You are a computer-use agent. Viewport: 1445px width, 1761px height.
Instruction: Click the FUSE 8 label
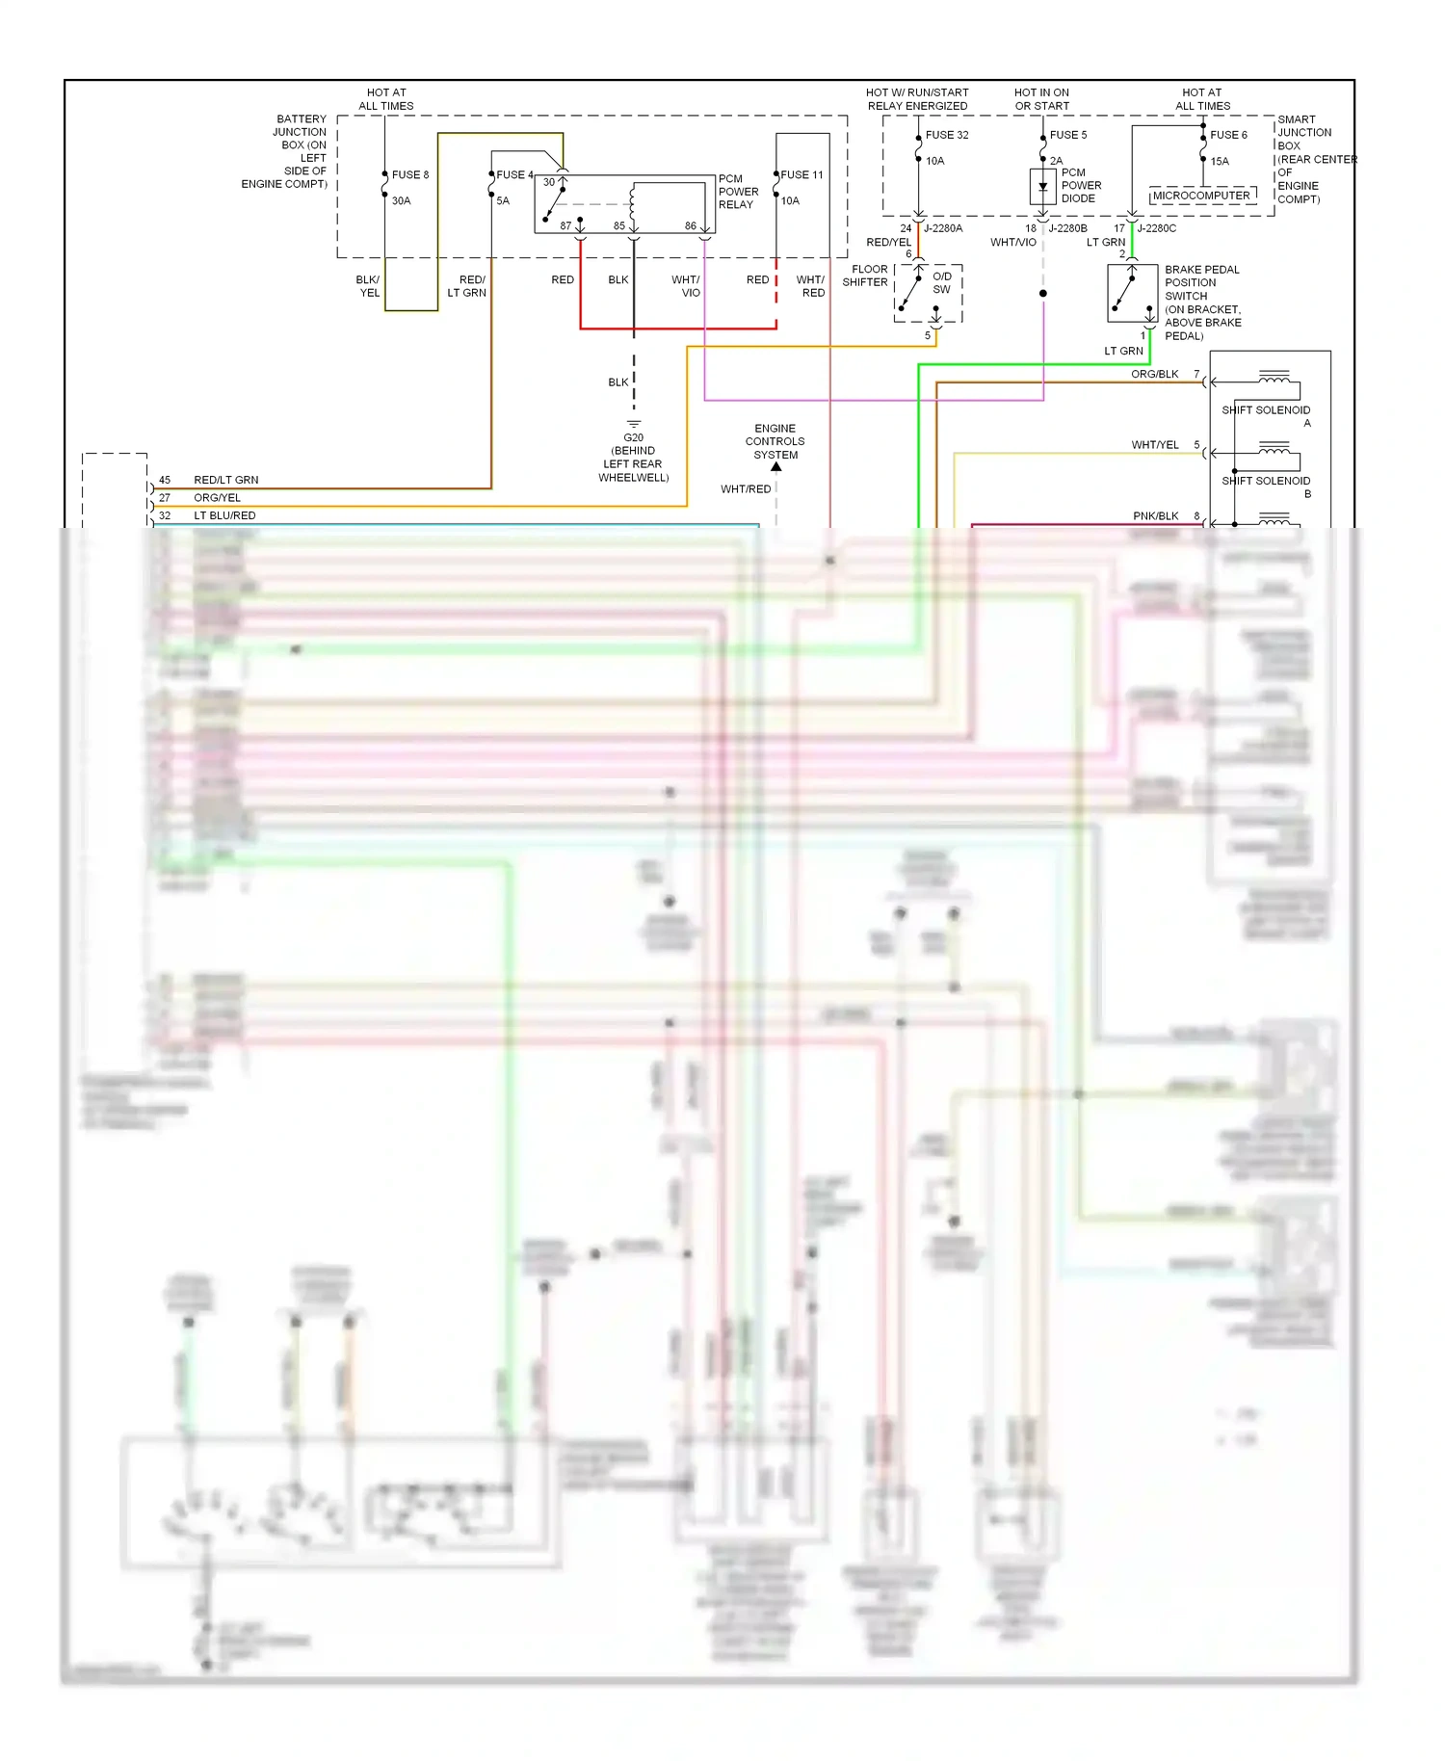tap(410, 174)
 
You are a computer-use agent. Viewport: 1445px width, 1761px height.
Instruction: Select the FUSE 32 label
tap(947, 135)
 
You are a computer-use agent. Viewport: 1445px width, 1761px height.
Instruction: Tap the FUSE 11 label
tap(802, 174)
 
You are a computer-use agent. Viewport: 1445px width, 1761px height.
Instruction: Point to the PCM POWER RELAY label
tap(738, 192)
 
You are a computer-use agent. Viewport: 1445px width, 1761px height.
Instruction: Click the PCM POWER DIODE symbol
tap(1042, 186)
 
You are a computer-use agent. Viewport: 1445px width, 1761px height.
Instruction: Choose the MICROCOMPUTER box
tap(1201, 196)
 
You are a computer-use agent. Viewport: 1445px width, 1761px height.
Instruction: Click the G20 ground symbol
tap(634, 424)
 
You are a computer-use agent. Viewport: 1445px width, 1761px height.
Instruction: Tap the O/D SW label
tap(941, 282)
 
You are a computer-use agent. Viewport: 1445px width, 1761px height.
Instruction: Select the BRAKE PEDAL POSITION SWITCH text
tap(1202, 302)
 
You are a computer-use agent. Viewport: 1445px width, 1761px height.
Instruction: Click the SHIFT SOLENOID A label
tap(1267, 416)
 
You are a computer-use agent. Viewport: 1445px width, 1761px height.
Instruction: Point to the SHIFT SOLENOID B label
tap(1267, 486)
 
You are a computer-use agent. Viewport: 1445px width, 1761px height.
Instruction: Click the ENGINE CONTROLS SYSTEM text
tap(775, 441)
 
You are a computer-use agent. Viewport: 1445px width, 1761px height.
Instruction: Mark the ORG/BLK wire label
tap(1154, 374)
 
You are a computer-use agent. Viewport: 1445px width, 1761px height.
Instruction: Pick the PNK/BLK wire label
tap(1155, 516)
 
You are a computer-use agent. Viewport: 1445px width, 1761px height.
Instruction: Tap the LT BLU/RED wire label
tap(224, 515)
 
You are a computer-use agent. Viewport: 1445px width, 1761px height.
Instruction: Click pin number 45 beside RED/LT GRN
tap(165, 480)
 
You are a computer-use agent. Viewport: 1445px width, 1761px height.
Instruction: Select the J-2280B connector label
tap(1067, 228)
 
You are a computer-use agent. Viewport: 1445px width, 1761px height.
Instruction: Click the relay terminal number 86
tap(691, 226)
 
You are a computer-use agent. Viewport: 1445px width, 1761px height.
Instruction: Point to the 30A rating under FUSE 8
tap(401, 200)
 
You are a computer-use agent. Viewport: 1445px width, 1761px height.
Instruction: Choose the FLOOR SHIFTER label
tap(865, 276)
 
